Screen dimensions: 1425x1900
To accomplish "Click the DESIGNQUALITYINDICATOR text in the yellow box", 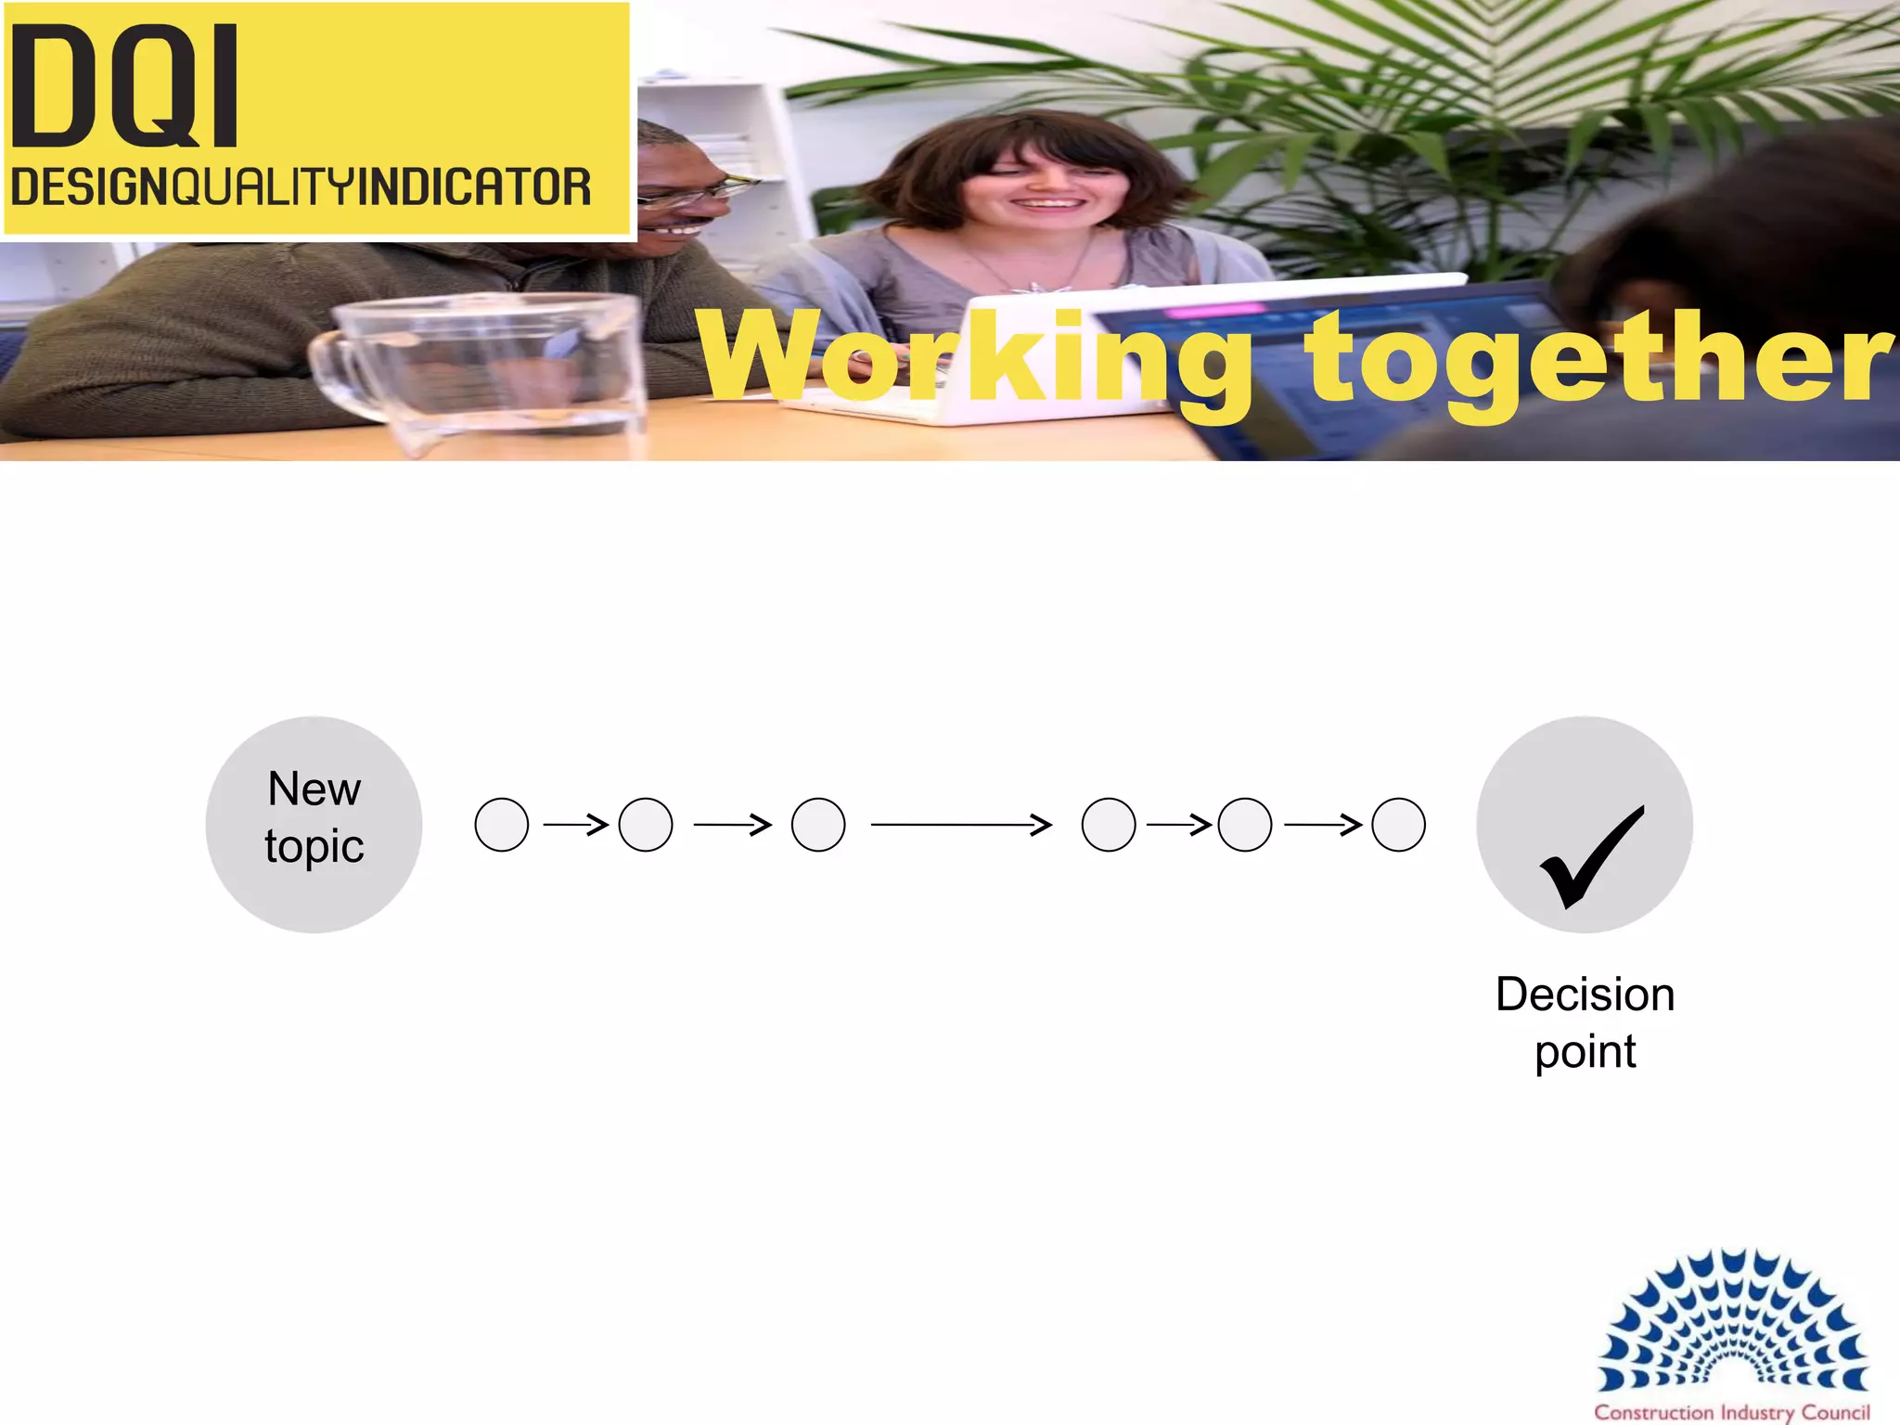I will [301, 187].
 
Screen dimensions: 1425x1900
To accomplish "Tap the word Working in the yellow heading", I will [974, 359].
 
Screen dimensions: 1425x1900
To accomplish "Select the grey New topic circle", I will [314, 824].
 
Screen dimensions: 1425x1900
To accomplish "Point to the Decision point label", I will [1585, 1022].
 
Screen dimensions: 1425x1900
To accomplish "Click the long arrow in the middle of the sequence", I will [961, 824].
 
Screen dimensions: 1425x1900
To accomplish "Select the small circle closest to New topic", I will [502, 824].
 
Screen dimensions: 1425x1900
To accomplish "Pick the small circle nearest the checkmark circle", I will [1398, 824].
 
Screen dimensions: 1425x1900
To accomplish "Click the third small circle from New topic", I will [818, 824].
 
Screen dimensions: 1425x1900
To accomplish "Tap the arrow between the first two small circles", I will [575, 824].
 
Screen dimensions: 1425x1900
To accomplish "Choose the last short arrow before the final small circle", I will [1323, 824].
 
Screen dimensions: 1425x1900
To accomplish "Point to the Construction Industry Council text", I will [1732, 1412].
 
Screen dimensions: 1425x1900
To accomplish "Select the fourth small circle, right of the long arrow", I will [1109, 824].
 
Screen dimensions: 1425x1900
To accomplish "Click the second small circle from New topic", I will [646, 824].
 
